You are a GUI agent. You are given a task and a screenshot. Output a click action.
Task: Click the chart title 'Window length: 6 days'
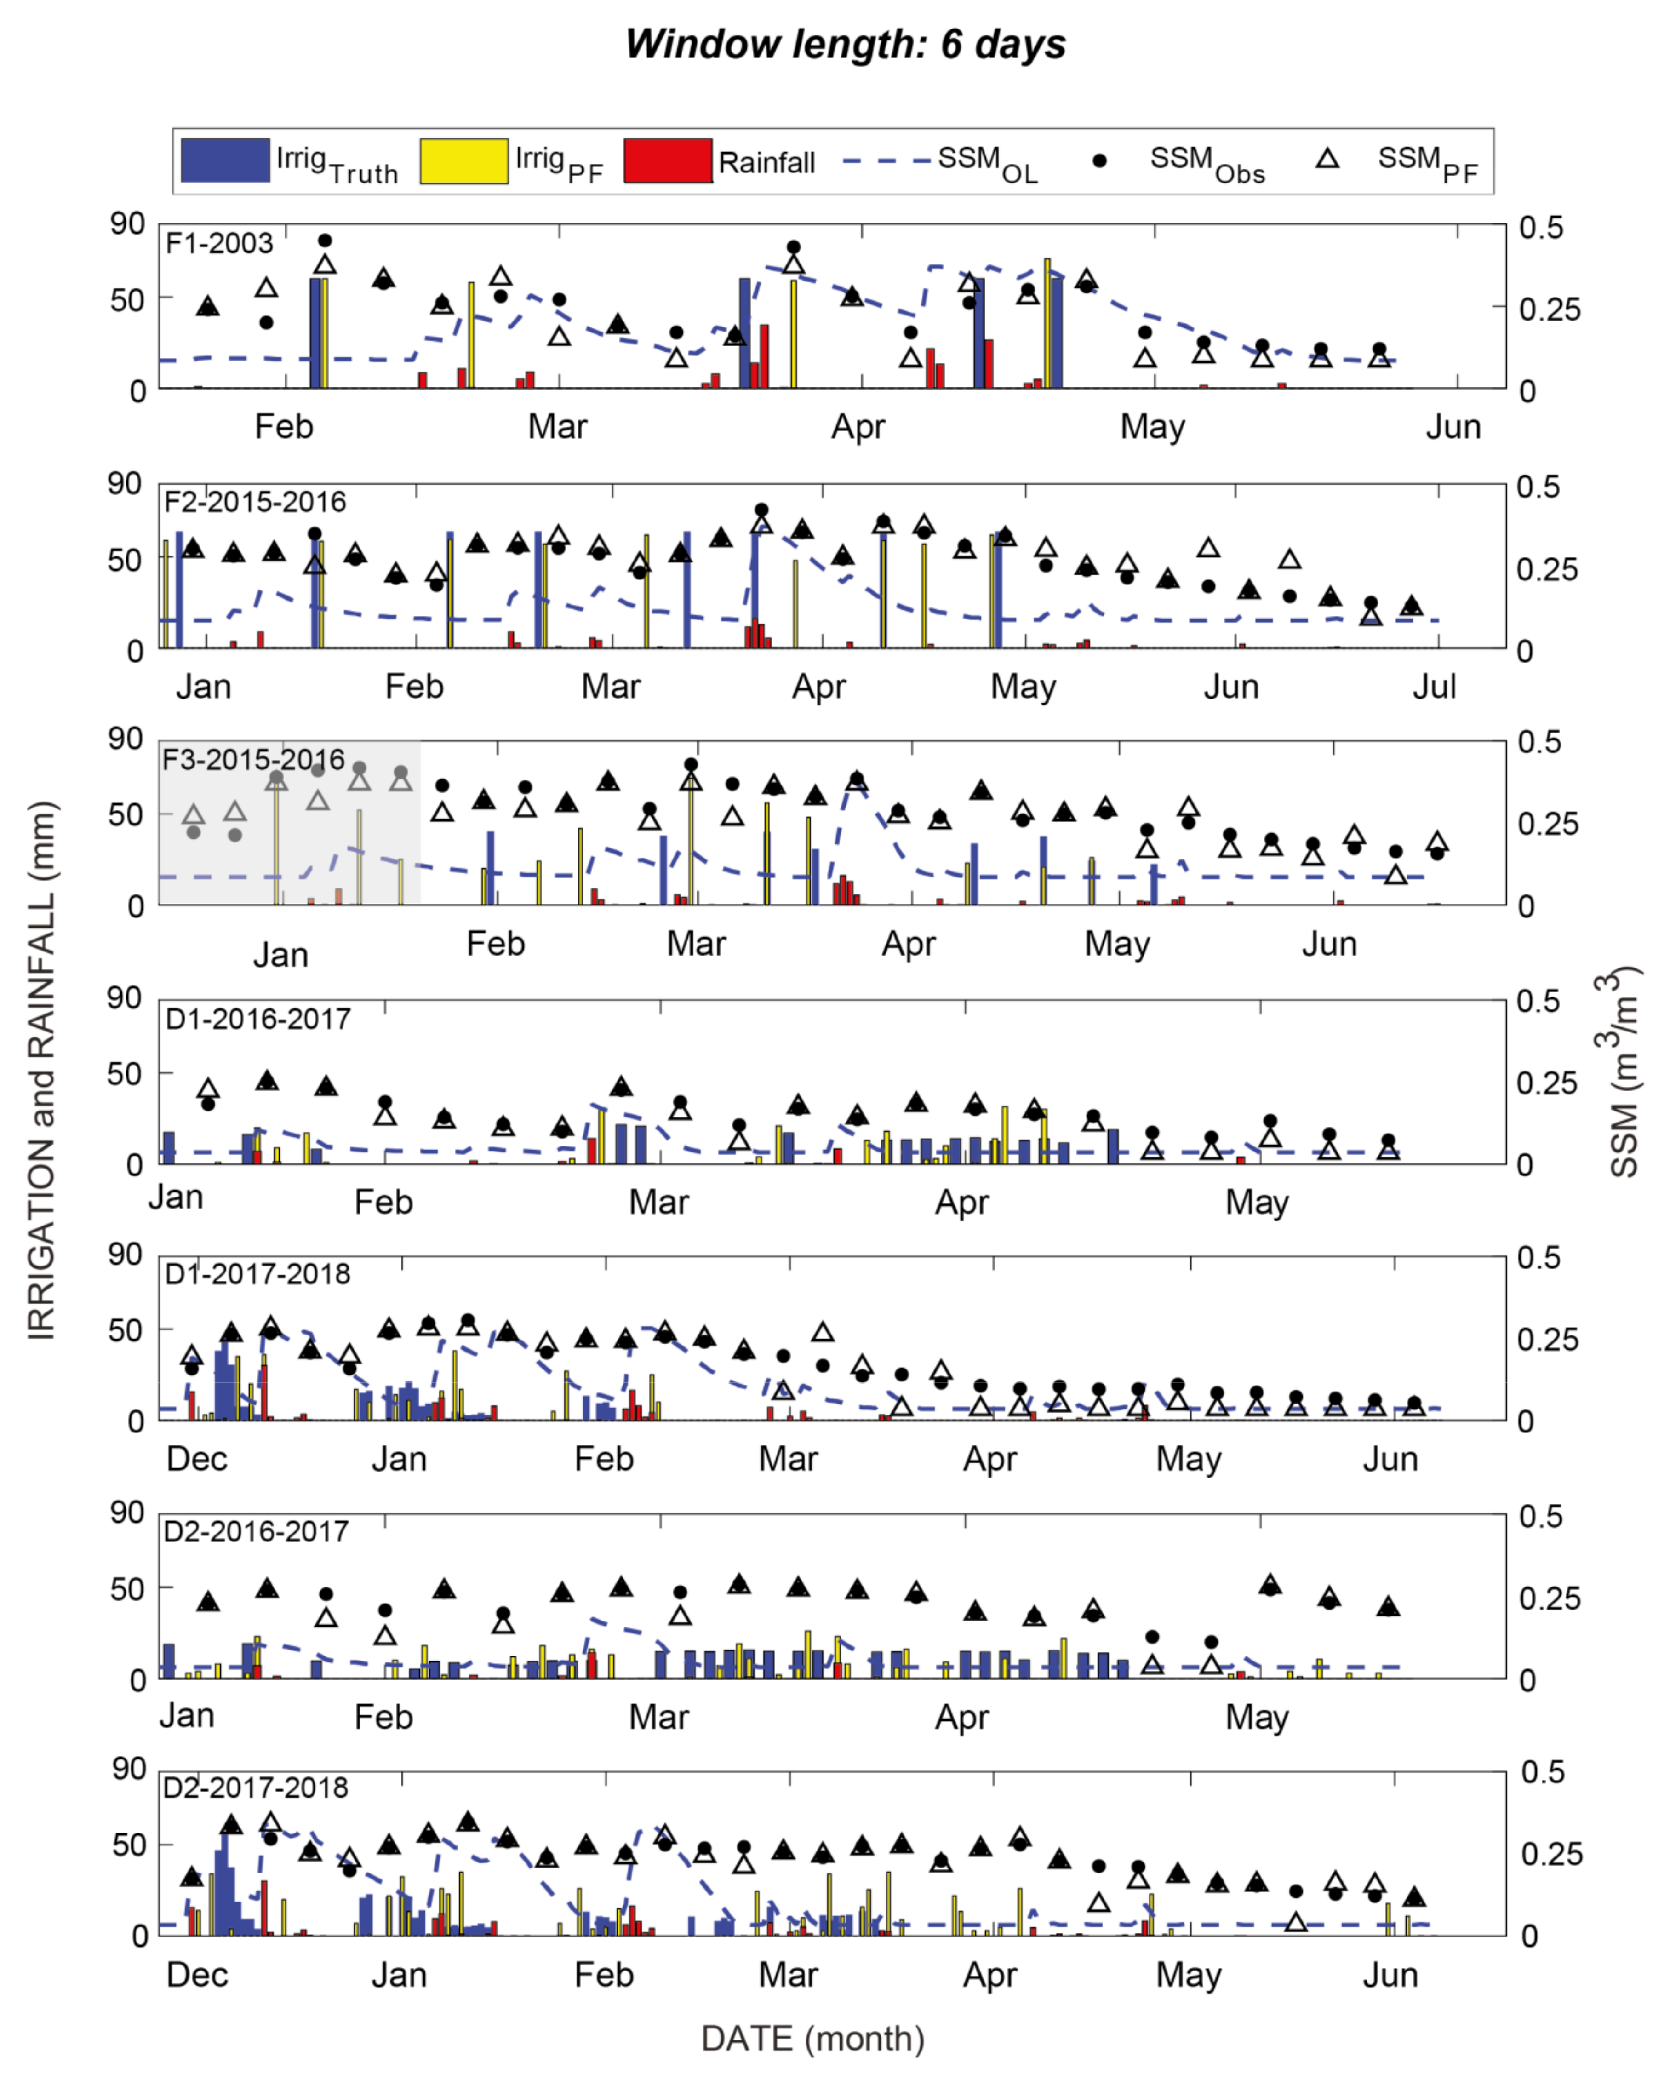pyautogui.click(x=845, y=44)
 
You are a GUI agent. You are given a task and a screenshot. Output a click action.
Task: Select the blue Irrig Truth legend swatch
pyautogui.click(x=225, y=160)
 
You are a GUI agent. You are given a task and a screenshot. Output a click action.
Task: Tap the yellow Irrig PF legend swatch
pyautogui.click(x=463, y=160)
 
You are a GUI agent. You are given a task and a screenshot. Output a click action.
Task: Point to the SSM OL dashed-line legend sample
pyautogui.click(x=885, y=160)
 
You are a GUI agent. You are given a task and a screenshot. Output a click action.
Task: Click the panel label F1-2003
pyautogui.click(x=219, y=243)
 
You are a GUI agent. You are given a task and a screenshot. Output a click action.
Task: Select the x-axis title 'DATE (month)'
pyautogui.click(x=813, y=2039)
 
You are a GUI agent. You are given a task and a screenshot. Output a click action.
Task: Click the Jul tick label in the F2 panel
pyautogui.click(x=1433, y=687)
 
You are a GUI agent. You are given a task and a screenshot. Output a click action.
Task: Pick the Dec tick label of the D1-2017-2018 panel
pyautogui.click(x=197, y=1458)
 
